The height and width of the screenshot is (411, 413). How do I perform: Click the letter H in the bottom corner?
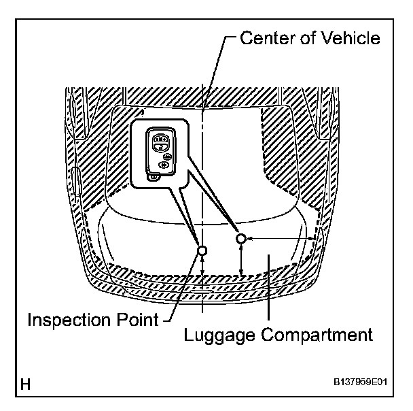(25, 385)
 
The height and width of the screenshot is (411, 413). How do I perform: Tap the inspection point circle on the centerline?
(202, 250)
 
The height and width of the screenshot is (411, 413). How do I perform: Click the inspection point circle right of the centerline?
(241, 238)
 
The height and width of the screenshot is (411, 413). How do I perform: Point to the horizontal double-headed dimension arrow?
(279, 238)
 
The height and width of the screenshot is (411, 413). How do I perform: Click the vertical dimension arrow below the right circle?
(243, 261)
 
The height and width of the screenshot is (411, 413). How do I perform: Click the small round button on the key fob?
(167, 154)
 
